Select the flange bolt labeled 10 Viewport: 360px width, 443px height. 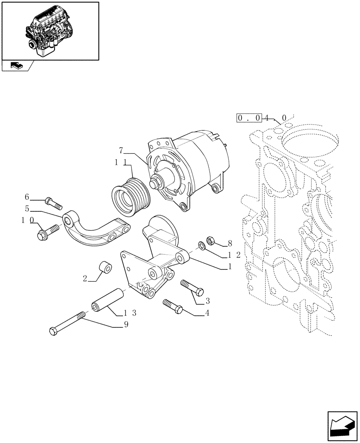pos(48,231)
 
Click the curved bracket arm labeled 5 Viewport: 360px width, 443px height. pos(95,228)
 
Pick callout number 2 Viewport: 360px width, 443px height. pos(85,280)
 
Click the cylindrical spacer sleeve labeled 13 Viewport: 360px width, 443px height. pos(107,300)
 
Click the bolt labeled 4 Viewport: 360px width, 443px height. pos(172,306)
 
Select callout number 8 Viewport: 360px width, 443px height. pos(230,243)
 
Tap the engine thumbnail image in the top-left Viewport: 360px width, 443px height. pos(50,30)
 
